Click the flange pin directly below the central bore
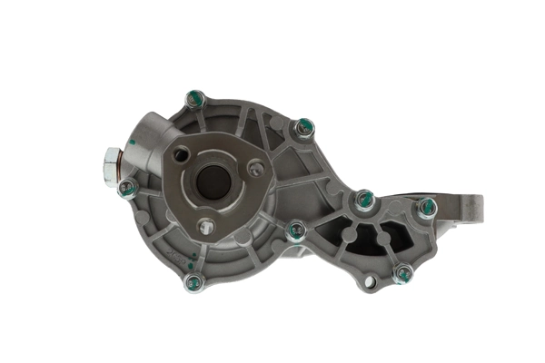207,226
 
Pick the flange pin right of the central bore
256,168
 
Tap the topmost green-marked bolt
194,98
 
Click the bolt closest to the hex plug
128,189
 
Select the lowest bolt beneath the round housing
193,282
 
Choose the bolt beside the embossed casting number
304,128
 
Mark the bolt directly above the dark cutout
364,200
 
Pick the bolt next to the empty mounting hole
401,272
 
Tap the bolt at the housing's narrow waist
296,231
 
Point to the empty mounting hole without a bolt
369,282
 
